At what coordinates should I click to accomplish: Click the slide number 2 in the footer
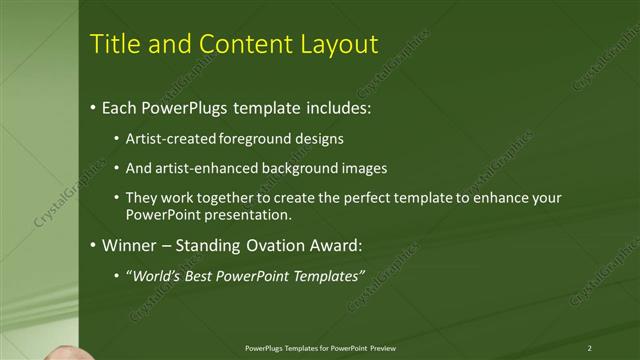click(x=590, y=348)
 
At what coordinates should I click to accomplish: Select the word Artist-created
click(x=166, y=138)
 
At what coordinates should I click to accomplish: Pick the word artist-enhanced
click(x=204, y=168)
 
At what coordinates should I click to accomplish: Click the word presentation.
click(x=251, y=215)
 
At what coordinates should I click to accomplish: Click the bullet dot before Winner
click(x=93, y=245)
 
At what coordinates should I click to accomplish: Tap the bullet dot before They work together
click(x=117, y=198)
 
